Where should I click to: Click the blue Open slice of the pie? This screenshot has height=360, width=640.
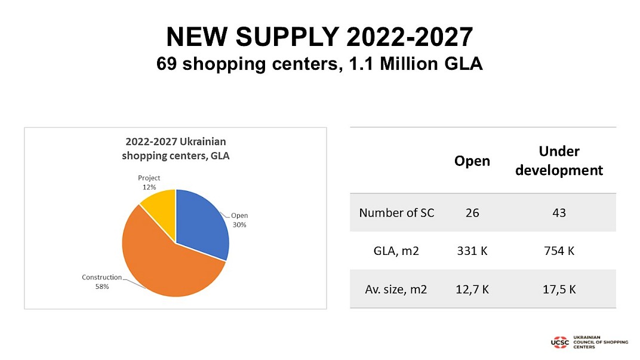pyautogui.click(x=201, y=221)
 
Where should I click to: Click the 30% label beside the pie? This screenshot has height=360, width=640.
pyautogui.click(x=239, y=225)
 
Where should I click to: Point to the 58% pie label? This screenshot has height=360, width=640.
pyautogui.click(x=101, y=287)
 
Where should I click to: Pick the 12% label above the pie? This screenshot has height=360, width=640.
pyautogui.click(x=149, y=187)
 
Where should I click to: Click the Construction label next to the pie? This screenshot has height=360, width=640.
pyautogui.click(x=101, y=278)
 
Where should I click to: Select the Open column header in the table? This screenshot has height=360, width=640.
pyautogui.click(x=472, y=161)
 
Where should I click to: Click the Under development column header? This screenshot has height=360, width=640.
pyautogui.click(x=559, y=161)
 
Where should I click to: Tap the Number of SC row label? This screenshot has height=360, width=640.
pyautogui.click(x=396, y=213)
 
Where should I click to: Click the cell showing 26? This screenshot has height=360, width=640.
pyautogui.click(x=472, y=213)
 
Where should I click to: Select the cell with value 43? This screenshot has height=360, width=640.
pyautogui.click(x=559, y=213)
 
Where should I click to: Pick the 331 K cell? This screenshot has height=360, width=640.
pyautogui.click(x=472, y=251)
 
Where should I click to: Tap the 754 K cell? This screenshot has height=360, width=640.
pyautogui.click(x=559, y=251)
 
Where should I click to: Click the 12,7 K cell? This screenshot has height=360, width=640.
pyautogui.click(x=472, y=290)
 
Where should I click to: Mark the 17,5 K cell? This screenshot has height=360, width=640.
pyautogui.click(x=559, y=290)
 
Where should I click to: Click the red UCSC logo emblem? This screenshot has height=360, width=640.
pyautogui.click(x=561, y=342)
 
